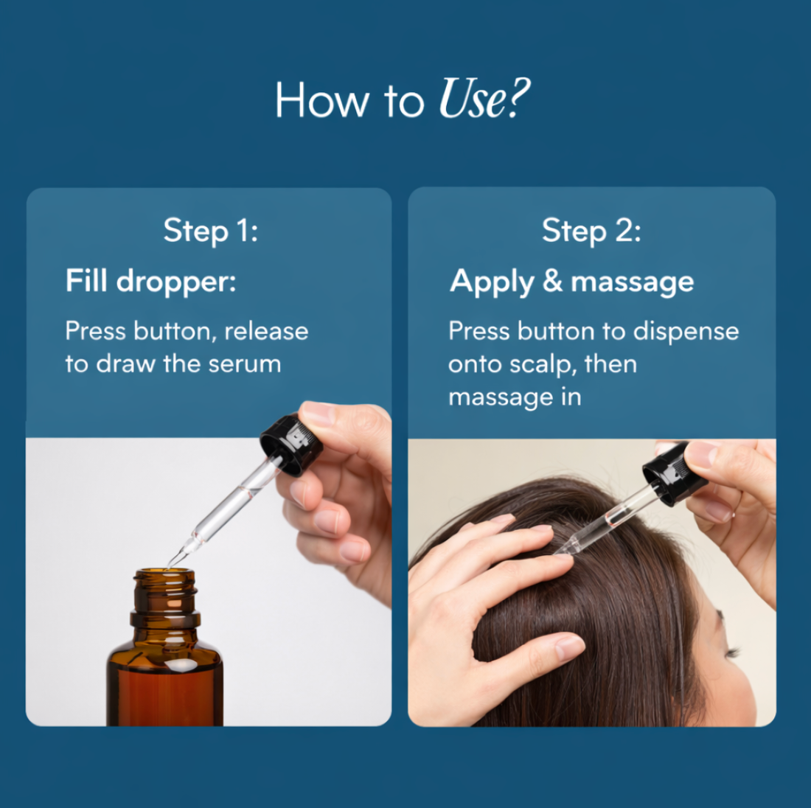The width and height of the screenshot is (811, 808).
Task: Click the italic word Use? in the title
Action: [484, 100]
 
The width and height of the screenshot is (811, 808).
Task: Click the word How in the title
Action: [321, 100]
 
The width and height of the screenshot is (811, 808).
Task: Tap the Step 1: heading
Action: [210, 231]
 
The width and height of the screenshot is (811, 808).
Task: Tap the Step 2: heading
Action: [591, 231]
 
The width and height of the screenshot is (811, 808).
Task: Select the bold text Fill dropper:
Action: [150, 281]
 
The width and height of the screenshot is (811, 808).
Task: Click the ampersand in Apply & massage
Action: [552, 281]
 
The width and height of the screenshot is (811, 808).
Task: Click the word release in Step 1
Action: [266, 331]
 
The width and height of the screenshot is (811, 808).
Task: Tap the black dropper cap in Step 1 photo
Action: [290, 445]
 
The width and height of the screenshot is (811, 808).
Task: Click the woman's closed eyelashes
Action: [731, 653]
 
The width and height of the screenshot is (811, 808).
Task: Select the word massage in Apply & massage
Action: [632, 281]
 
